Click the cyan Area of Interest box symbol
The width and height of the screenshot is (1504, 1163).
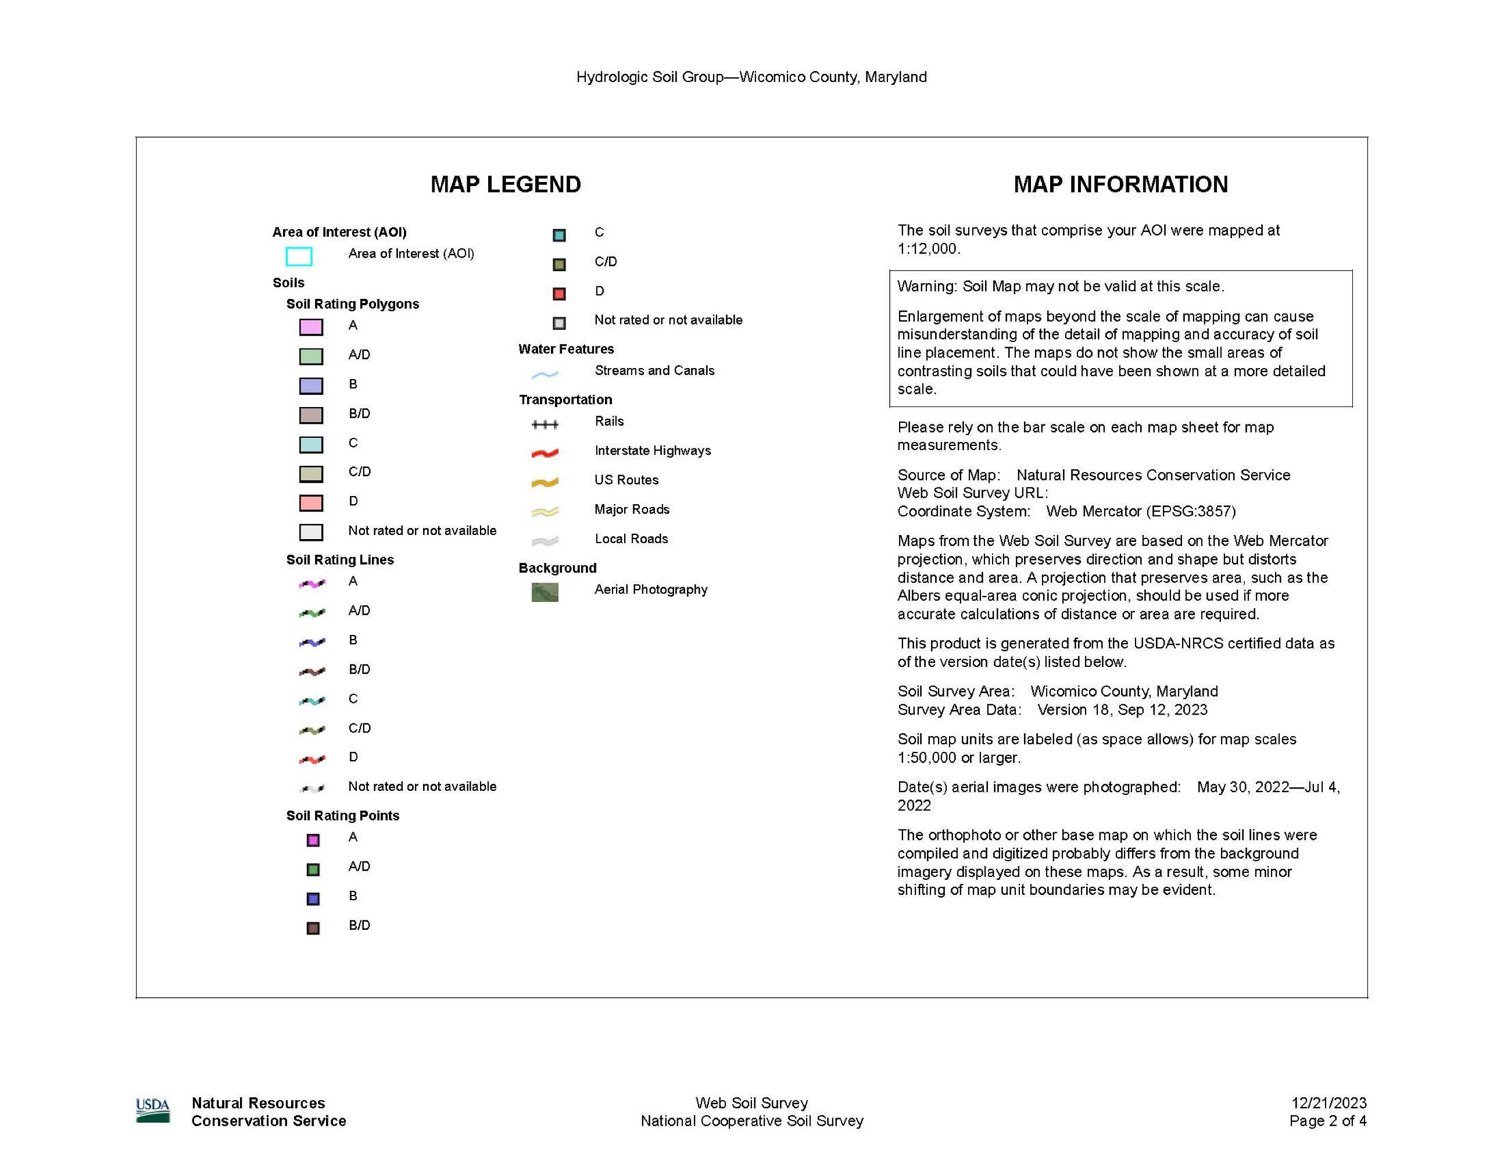[299, 256]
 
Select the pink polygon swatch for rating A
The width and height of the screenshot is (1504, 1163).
[310, 327]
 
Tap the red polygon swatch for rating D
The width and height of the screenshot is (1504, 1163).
[310, 503]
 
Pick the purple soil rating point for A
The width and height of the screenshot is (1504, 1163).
[313, 840]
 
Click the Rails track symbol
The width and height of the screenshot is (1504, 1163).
[545, 424]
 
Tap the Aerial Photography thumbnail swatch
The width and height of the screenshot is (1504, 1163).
[545, 592]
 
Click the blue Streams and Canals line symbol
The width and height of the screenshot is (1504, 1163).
[545, 374]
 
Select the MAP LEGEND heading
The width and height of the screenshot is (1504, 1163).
[506, 185]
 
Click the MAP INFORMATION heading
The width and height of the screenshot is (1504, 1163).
[1120, 185]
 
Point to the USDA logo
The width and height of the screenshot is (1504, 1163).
[153, 1110]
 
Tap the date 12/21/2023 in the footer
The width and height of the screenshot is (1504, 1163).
[1328, 1103]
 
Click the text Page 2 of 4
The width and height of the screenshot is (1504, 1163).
[1328, 1121]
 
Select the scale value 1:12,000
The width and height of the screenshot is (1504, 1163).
[928, 249]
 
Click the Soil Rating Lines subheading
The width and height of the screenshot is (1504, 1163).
[340, 559]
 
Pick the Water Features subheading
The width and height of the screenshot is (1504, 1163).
[566, 349]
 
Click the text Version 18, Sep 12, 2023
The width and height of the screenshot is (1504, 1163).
[1123, 709]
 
